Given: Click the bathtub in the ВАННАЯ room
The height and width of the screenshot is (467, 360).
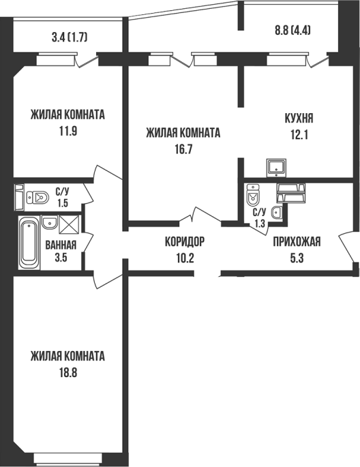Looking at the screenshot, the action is coord(29,243).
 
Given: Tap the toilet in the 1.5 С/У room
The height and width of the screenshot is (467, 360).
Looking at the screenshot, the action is coord(37,197).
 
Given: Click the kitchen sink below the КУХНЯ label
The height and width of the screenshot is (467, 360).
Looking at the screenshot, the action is coord(276,168).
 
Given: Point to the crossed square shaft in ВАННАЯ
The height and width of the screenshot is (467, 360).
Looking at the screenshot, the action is coord(69,225).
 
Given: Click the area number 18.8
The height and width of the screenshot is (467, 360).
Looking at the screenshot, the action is coord(67,372).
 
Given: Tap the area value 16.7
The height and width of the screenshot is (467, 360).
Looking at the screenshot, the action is coord(183,149).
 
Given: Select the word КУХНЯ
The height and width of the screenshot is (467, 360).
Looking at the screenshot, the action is coord(299,119).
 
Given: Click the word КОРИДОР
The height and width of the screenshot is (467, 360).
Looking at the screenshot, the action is coord(185,241).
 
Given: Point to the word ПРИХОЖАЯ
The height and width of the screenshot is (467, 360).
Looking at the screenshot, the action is coord(297,241).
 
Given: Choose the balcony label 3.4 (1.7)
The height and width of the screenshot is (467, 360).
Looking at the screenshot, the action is coord(70,37).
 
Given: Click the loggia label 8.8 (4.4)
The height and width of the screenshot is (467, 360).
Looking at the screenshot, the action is coord(292,31).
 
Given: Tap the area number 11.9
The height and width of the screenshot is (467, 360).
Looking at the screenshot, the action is coord(68,131).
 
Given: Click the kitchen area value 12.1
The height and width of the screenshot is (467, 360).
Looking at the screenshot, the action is coord(299,135).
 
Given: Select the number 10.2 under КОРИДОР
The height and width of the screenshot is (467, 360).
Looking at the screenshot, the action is coord(185,258).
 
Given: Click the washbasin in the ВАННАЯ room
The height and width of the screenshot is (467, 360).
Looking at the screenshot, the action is coord(49,222).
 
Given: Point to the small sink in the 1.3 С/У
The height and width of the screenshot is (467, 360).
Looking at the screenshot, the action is coord(277,212).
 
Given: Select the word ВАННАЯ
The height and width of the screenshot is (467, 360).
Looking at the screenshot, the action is coord(61,245).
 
